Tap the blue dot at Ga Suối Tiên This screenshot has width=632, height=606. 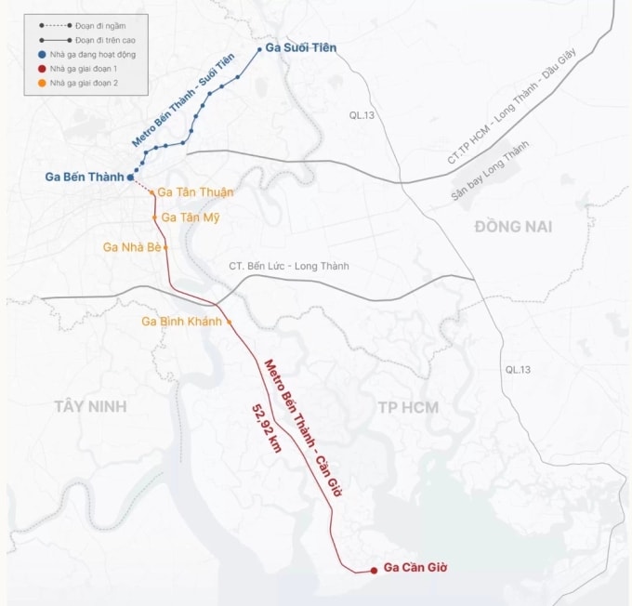tap(259, 48)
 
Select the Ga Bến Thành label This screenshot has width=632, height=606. tap(84, 177)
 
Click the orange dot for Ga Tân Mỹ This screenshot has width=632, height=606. tap(156, 217)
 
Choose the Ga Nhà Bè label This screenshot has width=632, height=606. tap(133, 247)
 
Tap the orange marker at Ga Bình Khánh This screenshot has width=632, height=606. tap(229, 322)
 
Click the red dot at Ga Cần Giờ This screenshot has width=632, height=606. tap(374, 570)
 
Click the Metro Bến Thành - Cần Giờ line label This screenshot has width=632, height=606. tap(303, 428)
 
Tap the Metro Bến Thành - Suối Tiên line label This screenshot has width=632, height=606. tap(183, 100)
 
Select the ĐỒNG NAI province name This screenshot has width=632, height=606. tap(512, 227)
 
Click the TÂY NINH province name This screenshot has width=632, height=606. tap(90, 406)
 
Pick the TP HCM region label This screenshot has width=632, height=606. tap(408, 407)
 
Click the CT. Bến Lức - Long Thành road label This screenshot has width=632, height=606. tap(289, 266)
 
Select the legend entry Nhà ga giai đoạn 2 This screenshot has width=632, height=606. tap(84, 83)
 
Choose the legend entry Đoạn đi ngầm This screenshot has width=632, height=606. tap(84, 25)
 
